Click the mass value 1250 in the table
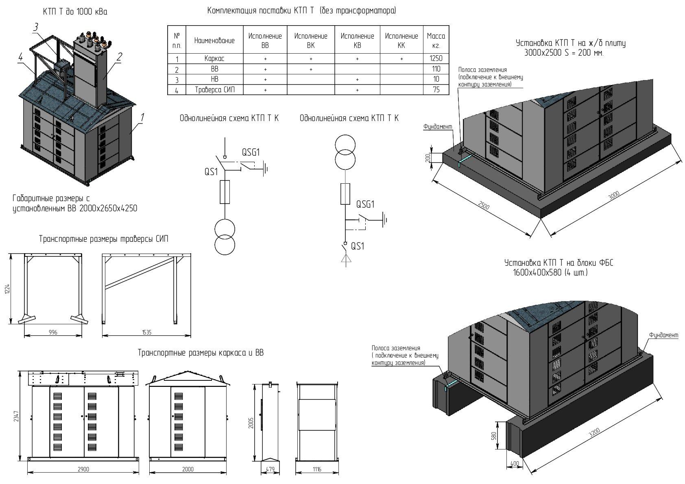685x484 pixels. click(436, 59)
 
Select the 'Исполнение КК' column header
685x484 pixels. click(401, 41)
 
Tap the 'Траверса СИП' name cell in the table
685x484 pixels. click(215, 89)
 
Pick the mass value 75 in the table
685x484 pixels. click(436, 89)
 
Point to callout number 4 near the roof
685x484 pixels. click(20, 57)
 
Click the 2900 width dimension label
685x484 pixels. click(83, 469)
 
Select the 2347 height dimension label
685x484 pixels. click(16, 416)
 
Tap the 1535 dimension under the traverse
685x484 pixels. click(146, 332)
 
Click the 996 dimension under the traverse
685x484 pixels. click(53, 332)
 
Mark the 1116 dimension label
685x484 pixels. click(317, 469)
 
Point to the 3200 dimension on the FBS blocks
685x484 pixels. click(594, 433)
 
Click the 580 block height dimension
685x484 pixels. click(493, 436)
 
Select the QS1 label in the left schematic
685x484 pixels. click(211, 172)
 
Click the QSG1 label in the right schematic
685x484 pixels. click(365, 204)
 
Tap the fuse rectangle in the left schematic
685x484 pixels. click(225, 192)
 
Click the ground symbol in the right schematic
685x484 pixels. click(385, 220)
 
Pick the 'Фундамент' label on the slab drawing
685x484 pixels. click(438, 126)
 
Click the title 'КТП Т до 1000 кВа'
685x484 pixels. click(75, 12)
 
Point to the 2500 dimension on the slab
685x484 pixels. click(484, 205)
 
